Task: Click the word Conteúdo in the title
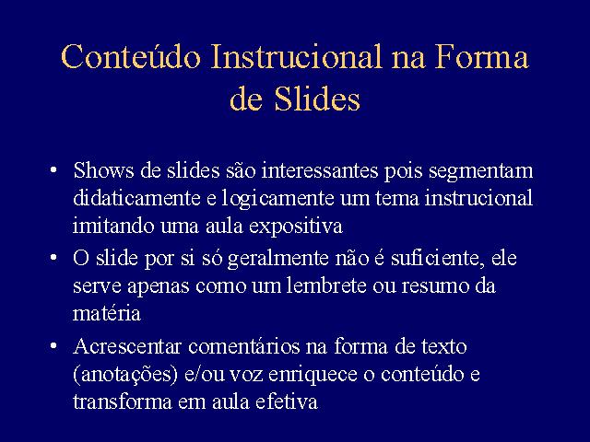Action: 131,56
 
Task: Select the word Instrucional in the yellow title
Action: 296,56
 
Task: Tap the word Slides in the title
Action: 317,99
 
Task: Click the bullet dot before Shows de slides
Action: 53,169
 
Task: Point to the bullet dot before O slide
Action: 53,258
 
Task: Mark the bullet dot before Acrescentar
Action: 53,346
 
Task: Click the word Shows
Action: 103,170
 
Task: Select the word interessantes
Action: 320,170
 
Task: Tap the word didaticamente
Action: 136,198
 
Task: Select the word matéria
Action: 107,313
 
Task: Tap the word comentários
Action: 243,346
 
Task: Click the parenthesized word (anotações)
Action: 125,375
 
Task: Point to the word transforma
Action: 123,401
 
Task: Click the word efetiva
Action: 287,401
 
